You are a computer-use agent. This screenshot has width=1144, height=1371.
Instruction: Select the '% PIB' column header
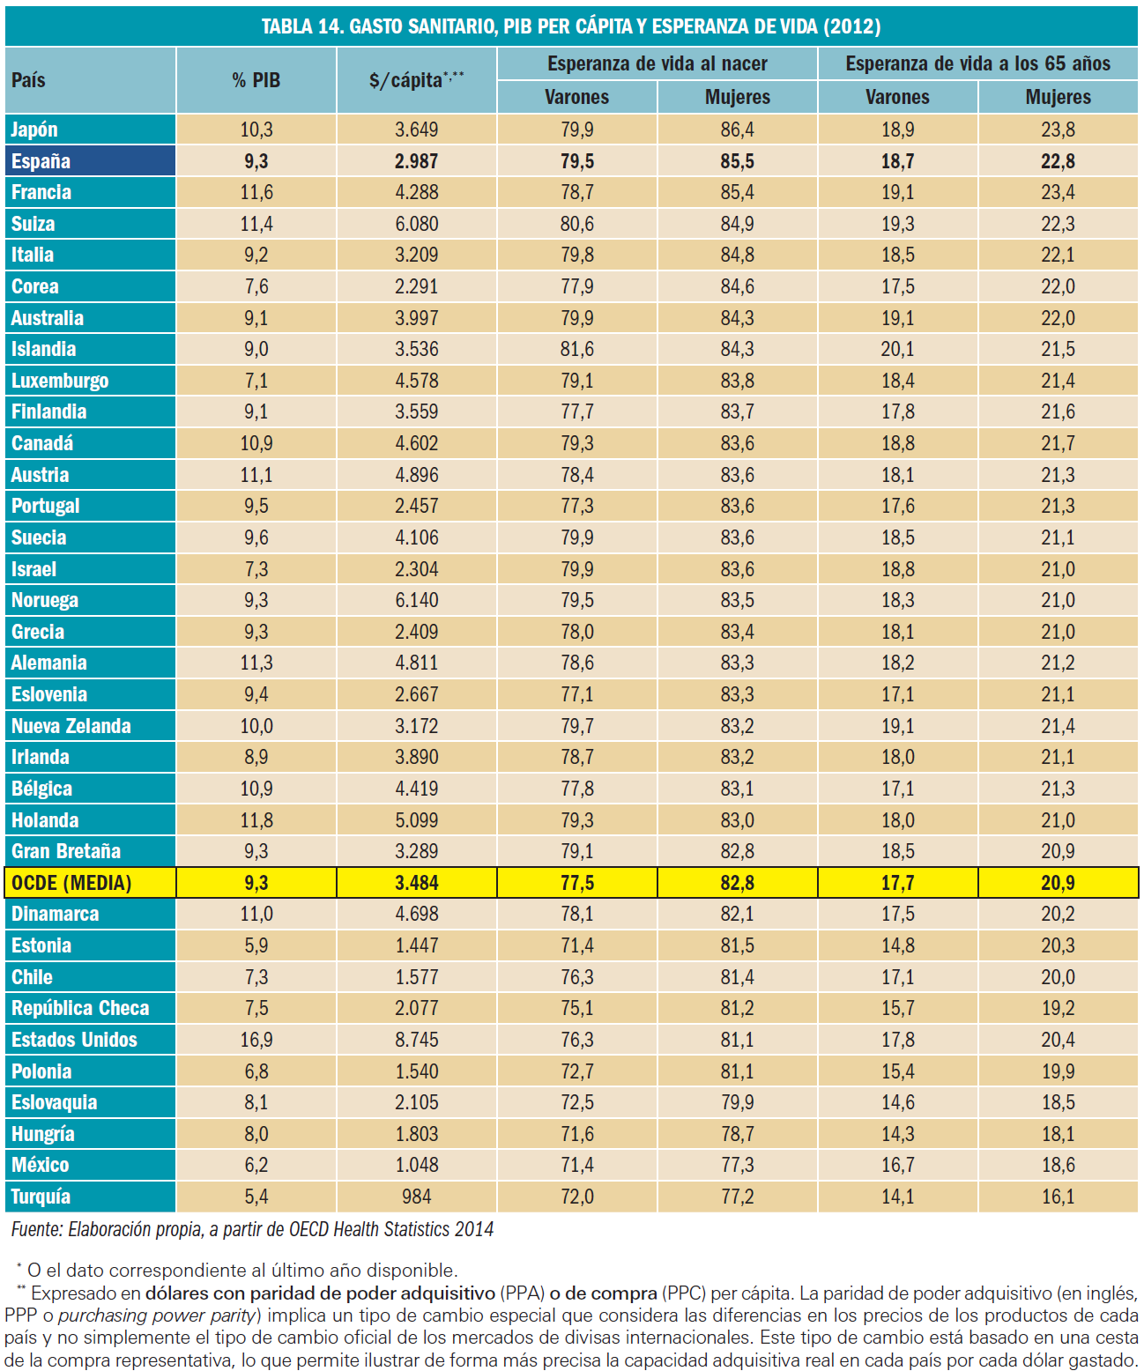(256, 80)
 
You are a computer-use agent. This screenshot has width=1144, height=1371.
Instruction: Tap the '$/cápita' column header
(416, 80)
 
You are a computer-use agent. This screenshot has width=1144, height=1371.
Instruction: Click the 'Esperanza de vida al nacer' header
(657, 63)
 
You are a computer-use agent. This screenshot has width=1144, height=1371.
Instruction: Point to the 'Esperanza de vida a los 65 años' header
(977, 63)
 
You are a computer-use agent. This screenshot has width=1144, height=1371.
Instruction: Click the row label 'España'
(41, 161)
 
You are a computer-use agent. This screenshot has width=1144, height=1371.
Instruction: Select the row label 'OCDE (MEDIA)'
(71, 883)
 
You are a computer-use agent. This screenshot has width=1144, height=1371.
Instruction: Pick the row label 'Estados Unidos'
(74, 1040)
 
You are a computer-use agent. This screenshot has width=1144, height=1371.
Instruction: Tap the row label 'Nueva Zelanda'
(71, 726)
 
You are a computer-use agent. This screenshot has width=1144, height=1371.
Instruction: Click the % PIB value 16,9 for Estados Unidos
(256, 1040)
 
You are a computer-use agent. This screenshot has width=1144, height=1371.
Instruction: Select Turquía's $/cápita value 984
(416, 1197)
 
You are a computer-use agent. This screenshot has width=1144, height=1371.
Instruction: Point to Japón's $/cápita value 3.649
(416, 130)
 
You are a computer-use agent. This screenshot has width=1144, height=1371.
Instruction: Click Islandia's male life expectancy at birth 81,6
(577, 349)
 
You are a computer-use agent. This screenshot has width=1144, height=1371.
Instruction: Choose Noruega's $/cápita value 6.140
(416, 600)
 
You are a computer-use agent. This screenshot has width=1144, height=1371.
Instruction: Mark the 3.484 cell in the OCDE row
(416, 883)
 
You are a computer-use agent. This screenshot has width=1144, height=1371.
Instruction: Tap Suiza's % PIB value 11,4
(256, 224)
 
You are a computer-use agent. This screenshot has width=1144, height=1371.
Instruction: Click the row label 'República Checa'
(80, 1008)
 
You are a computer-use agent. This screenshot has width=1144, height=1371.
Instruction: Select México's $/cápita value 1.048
(416, 1165)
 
